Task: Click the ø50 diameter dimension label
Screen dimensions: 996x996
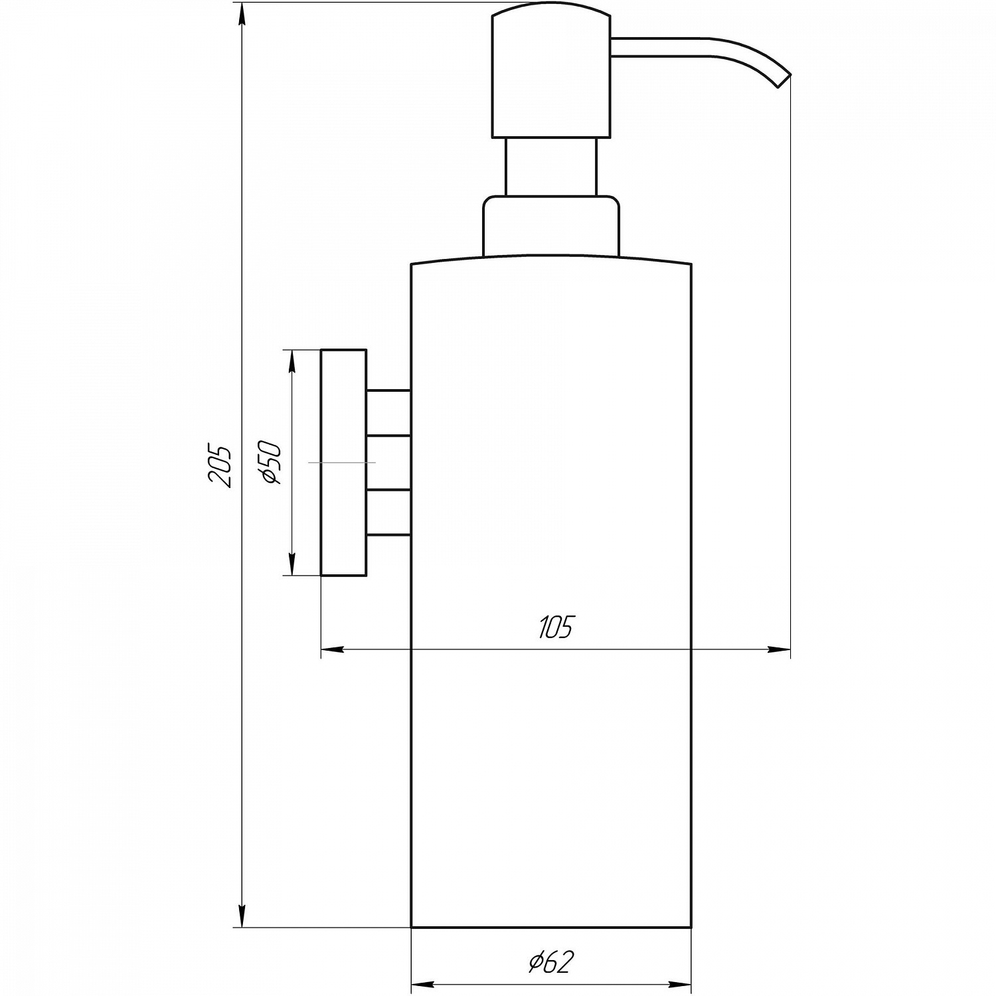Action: click(x=272, y=462)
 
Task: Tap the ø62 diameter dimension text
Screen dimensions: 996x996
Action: click(x=550, y=962)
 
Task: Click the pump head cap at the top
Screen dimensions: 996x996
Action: click(x=550, y=73)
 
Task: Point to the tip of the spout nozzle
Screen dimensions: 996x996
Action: click(x=784, y=81)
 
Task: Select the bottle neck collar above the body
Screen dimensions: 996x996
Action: click(x=550, y=226)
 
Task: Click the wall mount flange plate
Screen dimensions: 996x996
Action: click(x=343, y=462)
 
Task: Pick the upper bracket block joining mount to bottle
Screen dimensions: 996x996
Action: click(x=388, y=412)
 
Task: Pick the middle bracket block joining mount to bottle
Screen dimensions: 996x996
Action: click(x=388, y=463)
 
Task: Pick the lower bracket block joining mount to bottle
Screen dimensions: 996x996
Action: click(x=388, y=512)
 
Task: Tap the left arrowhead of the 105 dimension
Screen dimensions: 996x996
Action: click(x=332, y=649)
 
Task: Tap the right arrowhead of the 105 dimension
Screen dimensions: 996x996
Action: click(x=780, y=649)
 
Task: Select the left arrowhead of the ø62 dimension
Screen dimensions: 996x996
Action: click(x=423, y=983)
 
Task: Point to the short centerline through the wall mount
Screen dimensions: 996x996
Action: click(x=342, y=461)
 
